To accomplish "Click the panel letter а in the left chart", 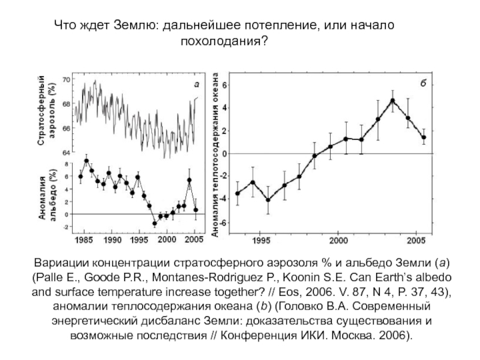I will coord(196,85).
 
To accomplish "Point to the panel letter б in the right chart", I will coord(422,83).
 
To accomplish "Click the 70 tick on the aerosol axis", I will coord(67,80).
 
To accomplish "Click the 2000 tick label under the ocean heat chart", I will coord(339,241).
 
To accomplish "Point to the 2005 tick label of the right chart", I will coord(416,241).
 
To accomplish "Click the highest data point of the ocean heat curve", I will coord(392,101).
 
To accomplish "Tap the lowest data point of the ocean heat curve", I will coord(268,200).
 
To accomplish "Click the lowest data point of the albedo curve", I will coord(154,224).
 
